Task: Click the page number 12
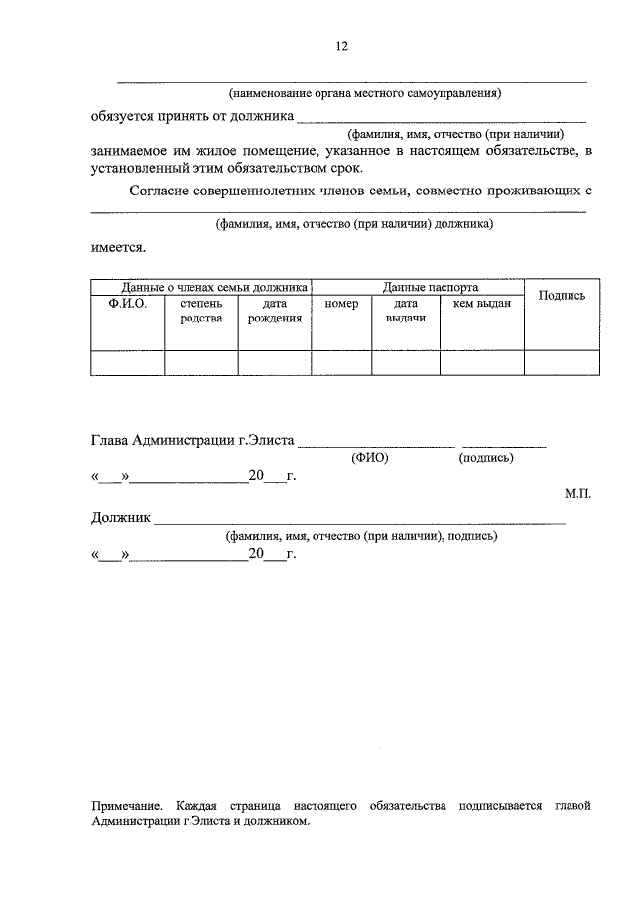(341, 46)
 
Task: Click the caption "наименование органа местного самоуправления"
(365, 94)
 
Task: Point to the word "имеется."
(118, 245)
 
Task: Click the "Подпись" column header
(562, 295)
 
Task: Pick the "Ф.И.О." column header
(127, 304)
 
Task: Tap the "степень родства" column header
(200, 311)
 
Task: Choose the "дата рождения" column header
(275, 311)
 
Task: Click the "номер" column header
(341, 304)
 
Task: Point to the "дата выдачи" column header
(405, 311)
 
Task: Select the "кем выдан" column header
(481, 304)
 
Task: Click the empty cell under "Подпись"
(562, 363)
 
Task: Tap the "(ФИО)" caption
(369, 459)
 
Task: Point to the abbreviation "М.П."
(576, 493)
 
